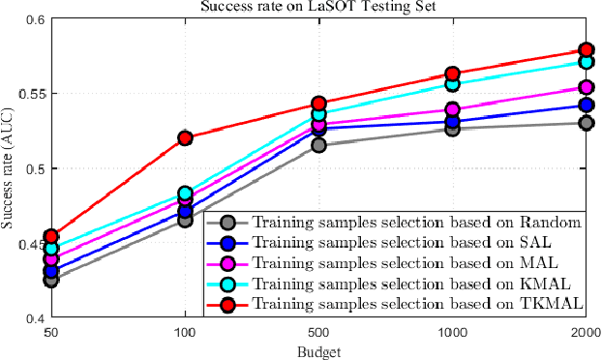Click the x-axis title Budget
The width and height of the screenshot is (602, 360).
[318, 350]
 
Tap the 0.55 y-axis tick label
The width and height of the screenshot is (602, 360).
[28, 94]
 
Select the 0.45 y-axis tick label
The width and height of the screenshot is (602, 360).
[28, 243]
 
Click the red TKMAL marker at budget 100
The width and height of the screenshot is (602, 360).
[185, 138]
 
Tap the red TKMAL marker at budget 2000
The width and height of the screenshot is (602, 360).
[586, 49]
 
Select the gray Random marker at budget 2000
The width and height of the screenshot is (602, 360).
[586, 123]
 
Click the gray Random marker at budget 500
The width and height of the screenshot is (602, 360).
[318, 145]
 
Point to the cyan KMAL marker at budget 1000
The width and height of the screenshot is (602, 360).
[452, 85]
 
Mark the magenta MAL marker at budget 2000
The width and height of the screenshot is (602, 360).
[586, 88]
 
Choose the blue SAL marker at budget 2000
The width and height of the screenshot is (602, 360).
[586, 105]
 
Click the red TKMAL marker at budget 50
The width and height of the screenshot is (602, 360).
[51, 236]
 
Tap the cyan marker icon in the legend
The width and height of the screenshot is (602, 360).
[226, 284]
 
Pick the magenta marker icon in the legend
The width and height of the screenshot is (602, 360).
[226, 263]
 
